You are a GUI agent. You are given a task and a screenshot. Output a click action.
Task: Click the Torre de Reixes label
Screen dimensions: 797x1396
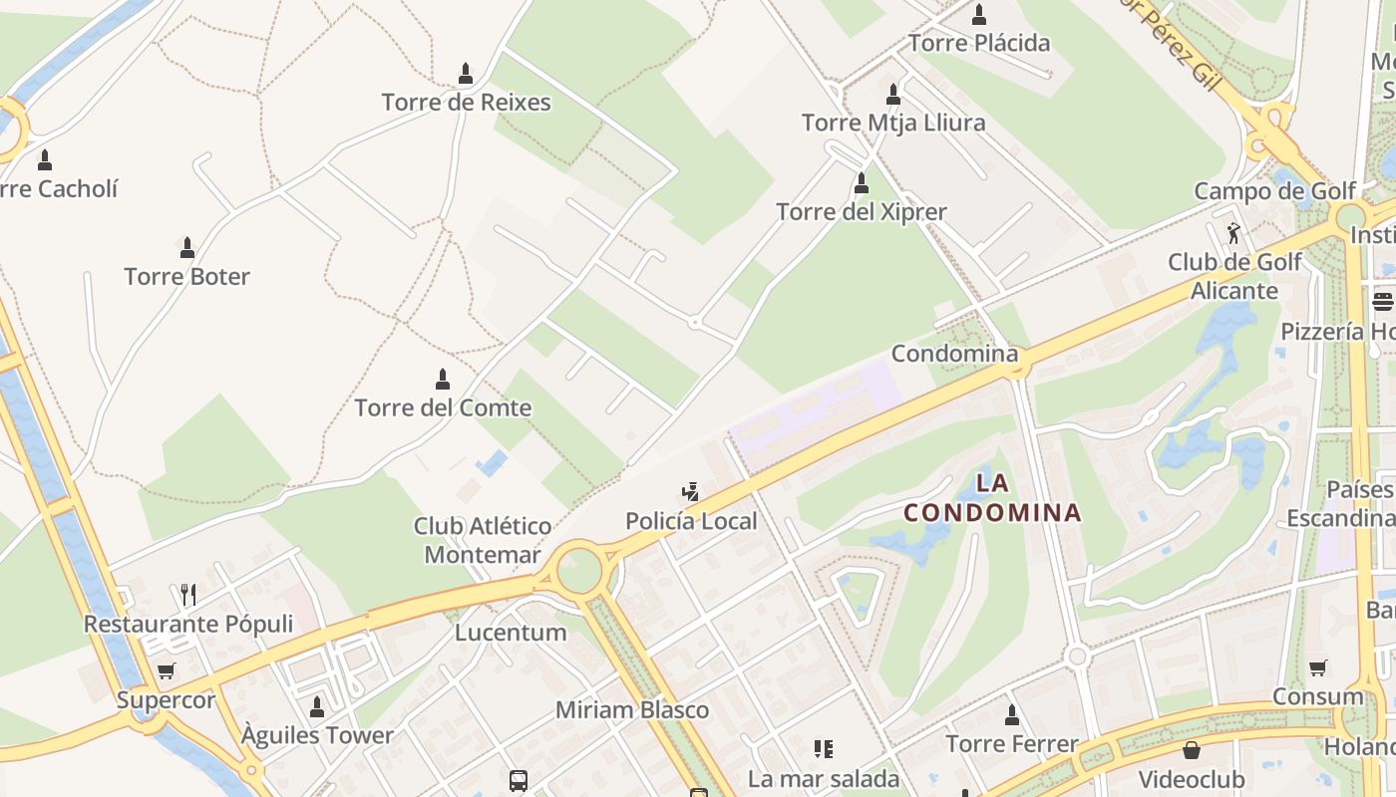(x=466, y=103)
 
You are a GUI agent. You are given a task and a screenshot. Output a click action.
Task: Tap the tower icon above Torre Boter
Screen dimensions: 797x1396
(x=186, y=247)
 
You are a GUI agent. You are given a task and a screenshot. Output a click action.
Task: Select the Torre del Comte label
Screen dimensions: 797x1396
(x=443, y=407)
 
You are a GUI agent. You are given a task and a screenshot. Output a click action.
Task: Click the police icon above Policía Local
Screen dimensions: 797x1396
(x=690, y=491)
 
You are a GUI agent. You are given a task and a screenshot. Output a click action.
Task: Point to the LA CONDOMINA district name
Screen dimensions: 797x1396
(x=992, y=498)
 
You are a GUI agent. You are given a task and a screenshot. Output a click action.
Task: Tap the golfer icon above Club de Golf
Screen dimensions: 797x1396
(x=1234, y=233)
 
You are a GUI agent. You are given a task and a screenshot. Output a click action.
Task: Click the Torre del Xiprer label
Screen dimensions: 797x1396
(x=862, y=212)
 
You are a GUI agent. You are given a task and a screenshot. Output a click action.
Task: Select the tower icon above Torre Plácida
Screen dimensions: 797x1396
(x=979, y=14)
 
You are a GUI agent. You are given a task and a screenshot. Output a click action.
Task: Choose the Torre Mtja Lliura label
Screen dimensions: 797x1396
(x=893, y=123)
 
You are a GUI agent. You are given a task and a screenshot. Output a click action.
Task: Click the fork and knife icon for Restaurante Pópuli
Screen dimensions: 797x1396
(x=188, y=595)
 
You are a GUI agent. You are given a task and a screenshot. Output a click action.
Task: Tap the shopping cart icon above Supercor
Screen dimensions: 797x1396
(x=166, y=671)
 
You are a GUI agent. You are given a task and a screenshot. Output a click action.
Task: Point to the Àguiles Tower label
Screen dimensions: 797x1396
(x=317, y=736)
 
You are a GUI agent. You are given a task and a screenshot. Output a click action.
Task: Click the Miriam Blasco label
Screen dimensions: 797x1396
(x=632, y=710)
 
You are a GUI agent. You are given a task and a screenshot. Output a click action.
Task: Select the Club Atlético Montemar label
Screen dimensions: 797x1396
(x=483, y=540)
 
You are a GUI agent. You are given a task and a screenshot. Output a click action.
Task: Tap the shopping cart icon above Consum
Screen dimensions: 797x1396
(x=1318, y=667)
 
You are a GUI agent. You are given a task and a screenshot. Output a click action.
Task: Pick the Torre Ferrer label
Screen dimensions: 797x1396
(x=1012, y=744)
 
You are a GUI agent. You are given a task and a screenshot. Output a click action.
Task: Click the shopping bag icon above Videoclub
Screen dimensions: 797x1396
(x=1191, y=750)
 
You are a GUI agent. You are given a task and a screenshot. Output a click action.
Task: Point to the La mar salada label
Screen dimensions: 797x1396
(x=824, y=779)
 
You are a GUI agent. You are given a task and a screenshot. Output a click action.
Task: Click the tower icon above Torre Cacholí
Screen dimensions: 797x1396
(x=44, y=159)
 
